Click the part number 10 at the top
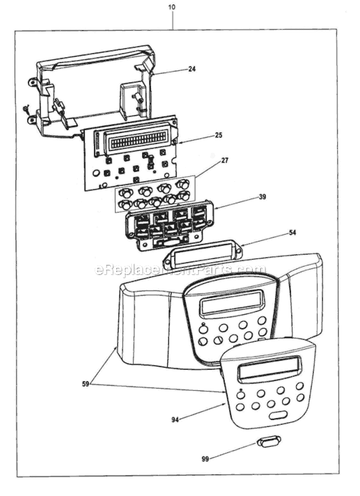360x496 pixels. [x=172, y=8]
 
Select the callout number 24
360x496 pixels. [x=192, y=69]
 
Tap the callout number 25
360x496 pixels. [x=218, y=135]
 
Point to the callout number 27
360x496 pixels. [x=225, y=160]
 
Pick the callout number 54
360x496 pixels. [x=293, y=233]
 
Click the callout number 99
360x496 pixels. [x=204, y=459]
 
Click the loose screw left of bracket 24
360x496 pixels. [x=25, y=108]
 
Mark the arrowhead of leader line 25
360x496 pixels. [x=179, y=143]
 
